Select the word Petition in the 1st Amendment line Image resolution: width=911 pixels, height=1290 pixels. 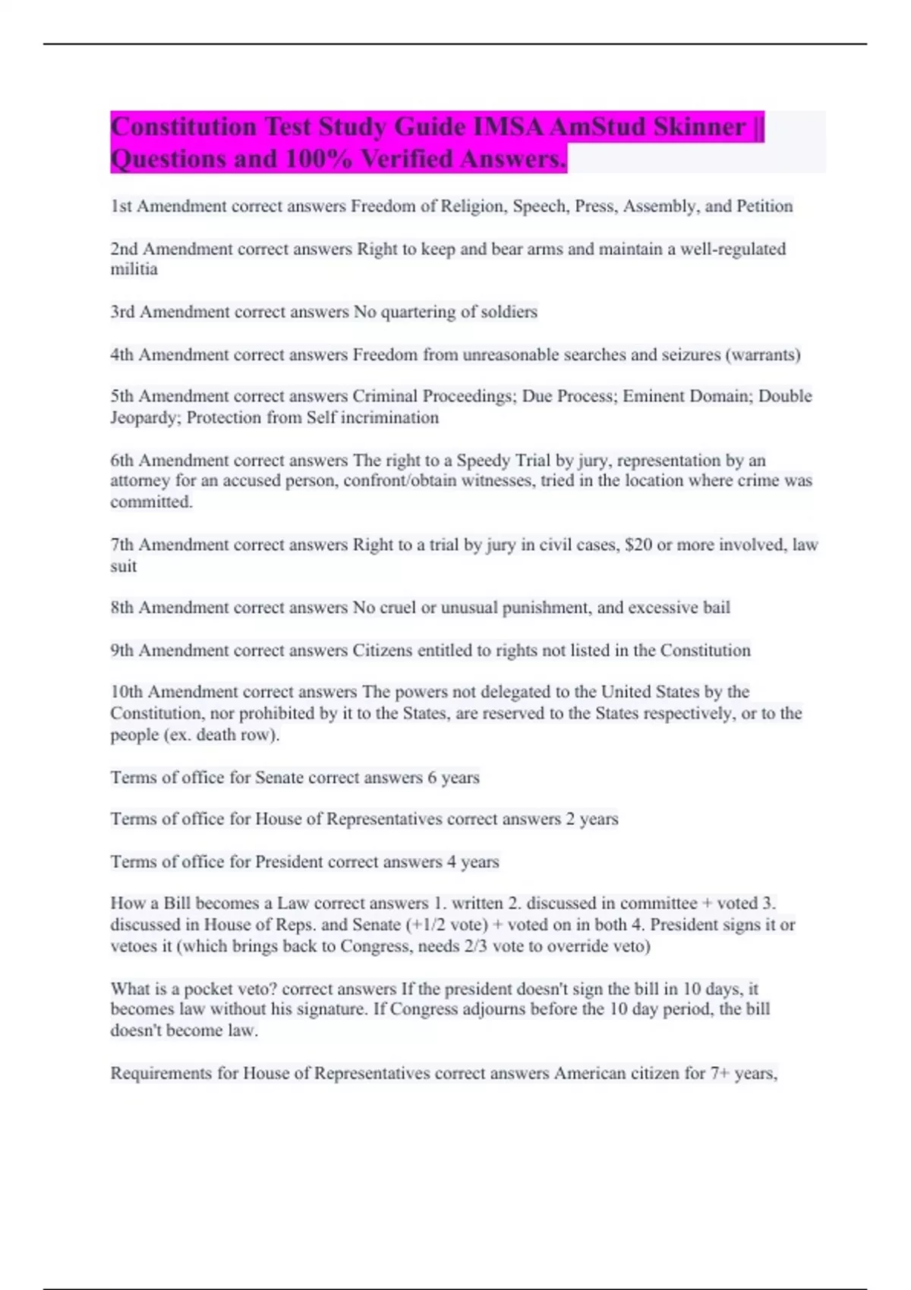764,206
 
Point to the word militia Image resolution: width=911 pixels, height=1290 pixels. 134,270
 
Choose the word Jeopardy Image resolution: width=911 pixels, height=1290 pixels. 144,418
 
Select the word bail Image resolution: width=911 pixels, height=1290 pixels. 715,608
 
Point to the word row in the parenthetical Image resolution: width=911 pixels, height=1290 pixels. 258,735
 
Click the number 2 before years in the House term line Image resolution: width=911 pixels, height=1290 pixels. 570,820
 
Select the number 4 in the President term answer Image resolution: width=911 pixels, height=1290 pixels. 452,862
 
